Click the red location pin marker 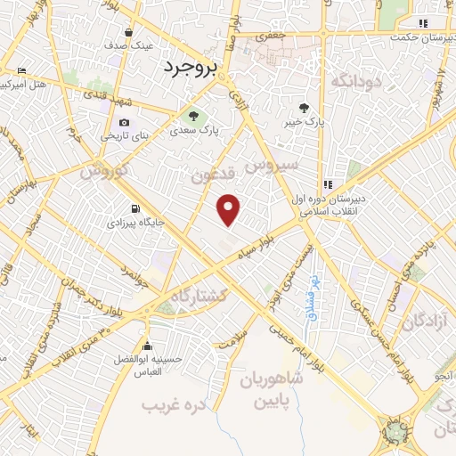pyautogui.click(x=230, y=209)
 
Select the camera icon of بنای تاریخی pyautogui.click(x=124, y=122)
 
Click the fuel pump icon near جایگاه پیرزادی pyautogui.click(x=135, y=200)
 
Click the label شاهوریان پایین pyautogui.click(x=271, y=388)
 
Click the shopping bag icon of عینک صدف pyautogui.click(x=129, y=32)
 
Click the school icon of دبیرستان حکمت pyautogui.click(x=424, y=23)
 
